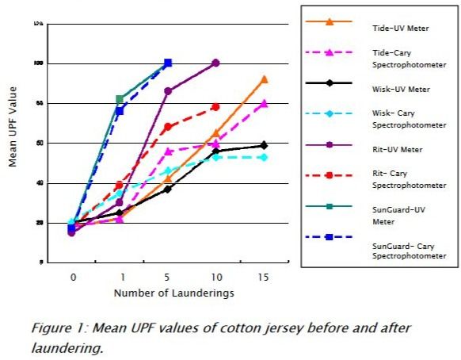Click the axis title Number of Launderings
[168, 293]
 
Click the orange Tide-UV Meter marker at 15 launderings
[264, 79]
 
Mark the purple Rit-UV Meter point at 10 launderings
[215, 63]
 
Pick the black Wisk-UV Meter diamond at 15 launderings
[264, 145]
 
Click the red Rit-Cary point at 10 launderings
[215, 106]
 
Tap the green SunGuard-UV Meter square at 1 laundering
[120, 99]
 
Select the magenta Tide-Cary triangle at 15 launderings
[264, 103]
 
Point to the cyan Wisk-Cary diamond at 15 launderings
[264, 157]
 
